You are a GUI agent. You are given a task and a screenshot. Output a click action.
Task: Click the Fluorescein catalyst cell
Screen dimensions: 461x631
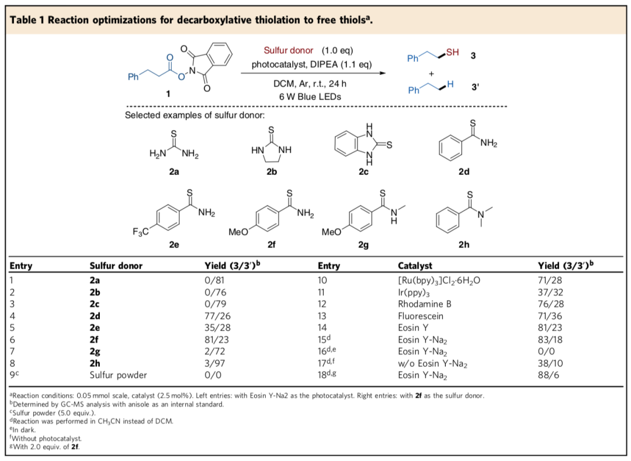[418, 316]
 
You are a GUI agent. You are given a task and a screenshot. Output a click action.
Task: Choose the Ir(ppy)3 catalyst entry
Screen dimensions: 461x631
[412, 292]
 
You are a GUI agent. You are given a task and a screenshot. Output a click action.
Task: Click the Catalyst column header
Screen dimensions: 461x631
[415, 266]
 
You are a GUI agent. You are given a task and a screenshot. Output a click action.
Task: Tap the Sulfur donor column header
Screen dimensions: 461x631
[116, 266]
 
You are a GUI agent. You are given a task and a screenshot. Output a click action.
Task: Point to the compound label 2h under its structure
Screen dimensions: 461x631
[463, 245]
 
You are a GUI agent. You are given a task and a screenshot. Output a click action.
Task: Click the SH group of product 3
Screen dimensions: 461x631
[452, 53]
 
